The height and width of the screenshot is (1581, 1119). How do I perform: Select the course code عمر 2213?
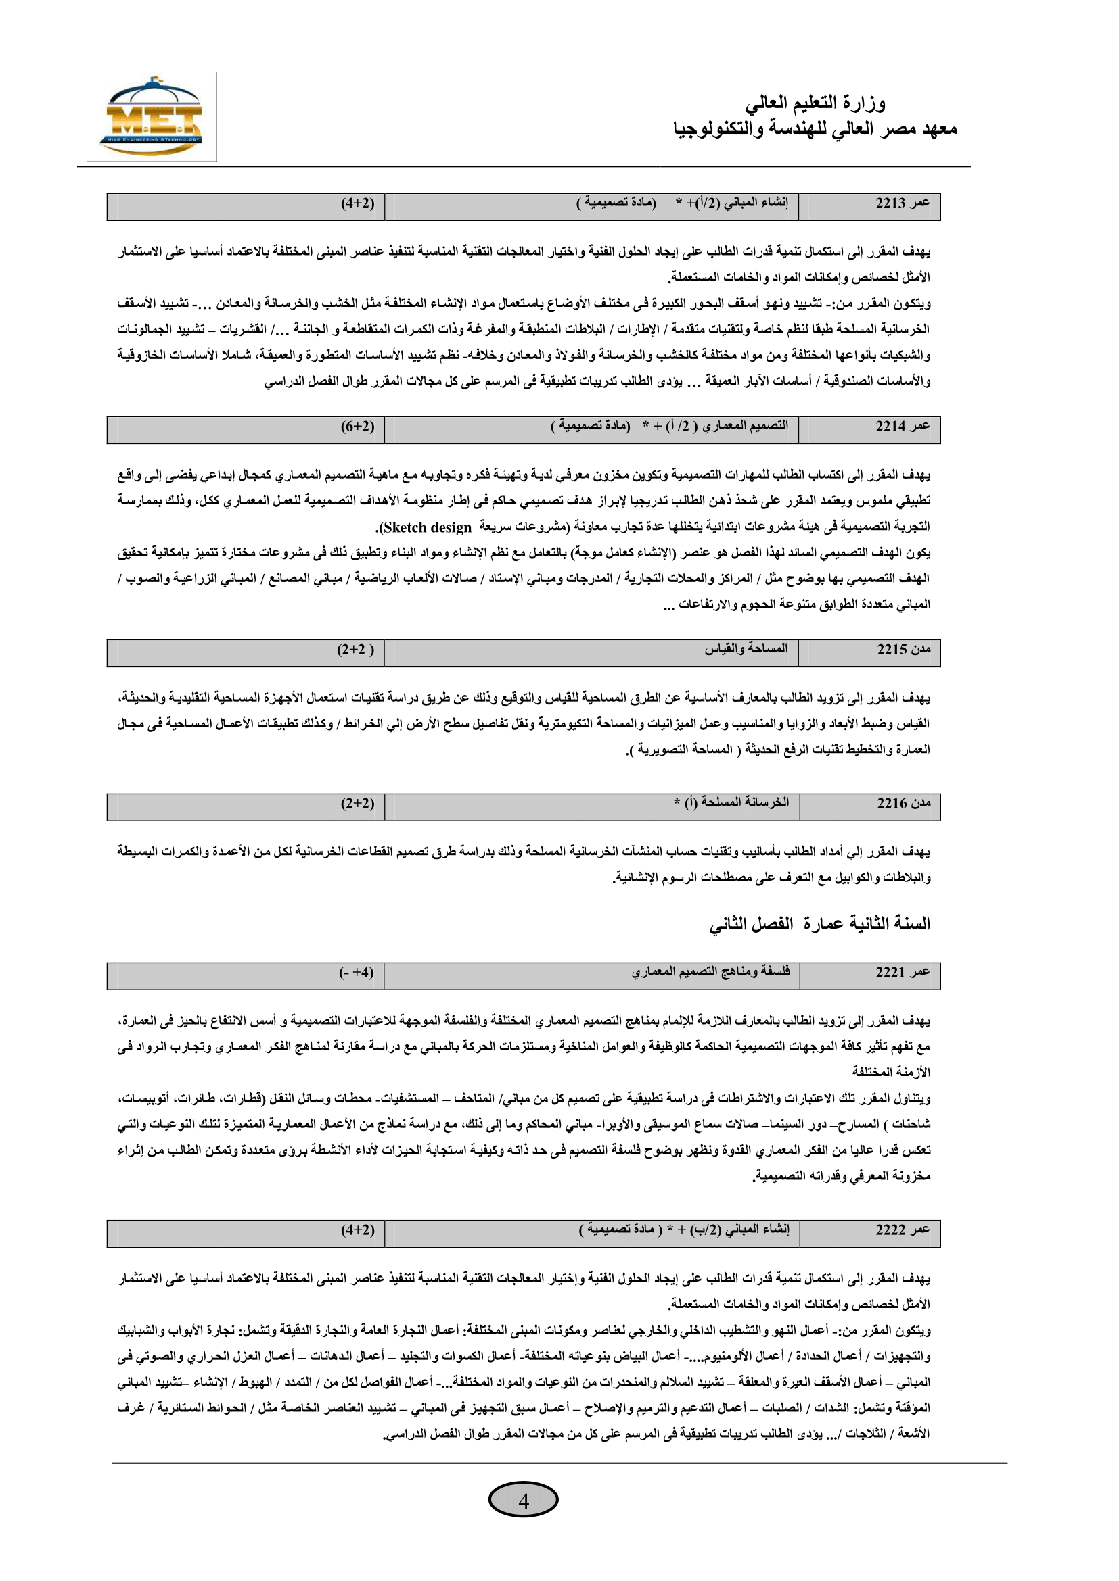coord(902,203)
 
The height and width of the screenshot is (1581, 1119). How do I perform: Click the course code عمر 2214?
coord(902,427)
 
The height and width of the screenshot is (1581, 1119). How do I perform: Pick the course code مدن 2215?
coord(903,650)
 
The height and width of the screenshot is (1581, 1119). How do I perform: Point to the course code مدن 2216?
coord(903,803)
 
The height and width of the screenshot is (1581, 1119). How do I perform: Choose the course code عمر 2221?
coord(902,972)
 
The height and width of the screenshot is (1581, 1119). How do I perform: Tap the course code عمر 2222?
coord(902,1230)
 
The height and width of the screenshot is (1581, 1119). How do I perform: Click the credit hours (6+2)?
coord(358,427)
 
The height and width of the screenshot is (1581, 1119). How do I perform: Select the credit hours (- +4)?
coord(357,972)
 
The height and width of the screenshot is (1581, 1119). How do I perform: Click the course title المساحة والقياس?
coord(746,649)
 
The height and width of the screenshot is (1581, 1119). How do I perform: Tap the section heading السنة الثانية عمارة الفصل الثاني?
coord(819,923)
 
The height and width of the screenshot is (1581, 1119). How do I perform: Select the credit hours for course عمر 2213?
coord(358,203)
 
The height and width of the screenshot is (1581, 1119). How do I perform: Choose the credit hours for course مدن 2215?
coord(356,650)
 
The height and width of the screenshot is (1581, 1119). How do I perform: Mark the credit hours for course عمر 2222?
coord(358,1230)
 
